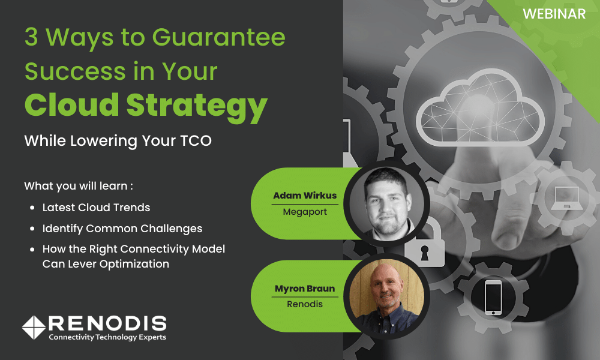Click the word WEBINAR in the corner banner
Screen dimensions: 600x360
554,14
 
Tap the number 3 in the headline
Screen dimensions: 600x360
31,37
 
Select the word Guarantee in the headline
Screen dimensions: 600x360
218,37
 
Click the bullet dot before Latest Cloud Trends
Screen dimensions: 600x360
32,208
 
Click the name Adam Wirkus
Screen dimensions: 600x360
305,196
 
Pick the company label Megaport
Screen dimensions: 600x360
305,212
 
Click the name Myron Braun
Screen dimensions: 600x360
305,289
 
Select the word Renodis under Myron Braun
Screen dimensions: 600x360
305,304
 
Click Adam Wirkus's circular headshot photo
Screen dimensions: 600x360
386,203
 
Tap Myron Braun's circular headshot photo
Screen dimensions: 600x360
386,296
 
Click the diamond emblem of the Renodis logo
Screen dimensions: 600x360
34,328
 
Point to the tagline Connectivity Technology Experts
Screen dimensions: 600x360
107,337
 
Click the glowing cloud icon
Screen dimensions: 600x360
480,108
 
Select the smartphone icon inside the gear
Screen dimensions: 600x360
493,298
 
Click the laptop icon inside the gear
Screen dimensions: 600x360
567,198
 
